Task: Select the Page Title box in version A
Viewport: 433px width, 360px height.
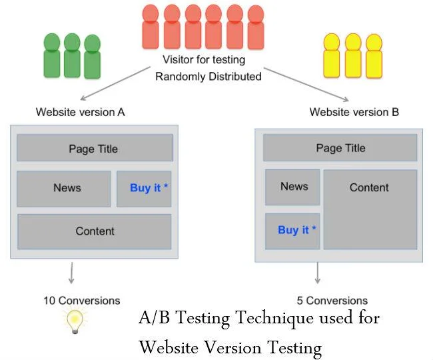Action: [95, 148]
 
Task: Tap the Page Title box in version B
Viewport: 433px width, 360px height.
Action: [340, 148]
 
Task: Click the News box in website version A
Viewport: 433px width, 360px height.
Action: [64, 189]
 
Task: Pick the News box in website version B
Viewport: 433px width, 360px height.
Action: [292, 187]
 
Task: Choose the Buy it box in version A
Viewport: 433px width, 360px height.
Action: [145, 189]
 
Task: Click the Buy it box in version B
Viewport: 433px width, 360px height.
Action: [292, 231]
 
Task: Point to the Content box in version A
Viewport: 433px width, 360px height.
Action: [95, 231]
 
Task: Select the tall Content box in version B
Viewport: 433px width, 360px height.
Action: [370, 209]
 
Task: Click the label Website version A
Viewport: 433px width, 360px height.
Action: [81, 112]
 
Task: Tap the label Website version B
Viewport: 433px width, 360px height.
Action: [354, 112]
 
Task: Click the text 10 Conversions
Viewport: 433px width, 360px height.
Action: [82, 300]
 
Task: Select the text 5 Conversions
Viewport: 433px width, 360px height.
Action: [332, 300]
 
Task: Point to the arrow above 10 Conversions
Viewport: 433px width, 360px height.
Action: [71, 274]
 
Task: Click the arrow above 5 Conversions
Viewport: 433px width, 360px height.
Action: [318, 273]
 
